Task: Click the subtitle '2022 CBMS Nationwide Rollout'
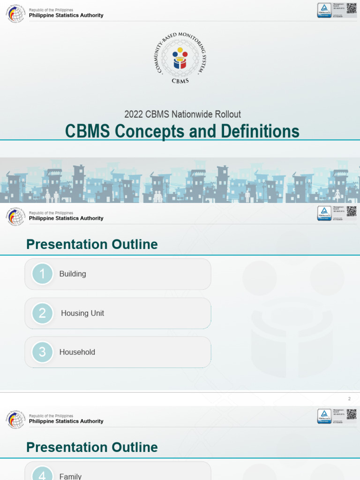click(182, 114)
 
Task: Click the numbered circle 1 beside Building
click(42, 274)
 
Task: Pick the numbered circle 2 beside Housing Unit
click(42, 313)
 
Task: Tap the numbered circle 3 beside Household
click(42, 352)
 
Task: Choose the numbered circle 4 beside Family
click(42, 474)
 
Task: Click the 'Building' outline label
click(73, 274)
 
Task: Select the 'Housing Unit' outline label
click(82, 313)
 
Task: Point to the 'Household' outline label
click(77, 352)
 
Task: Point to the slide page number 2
click(349, 399)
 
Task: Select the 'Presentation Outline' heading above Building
click(92, 244)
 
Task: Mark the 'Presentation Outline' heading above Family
click(92, 447)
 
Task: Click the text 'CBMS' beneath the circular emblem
click(180, 81)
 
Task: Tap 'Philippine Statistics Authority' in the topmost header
click(66, 15)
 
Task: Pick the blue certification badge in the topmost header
click(324, 10)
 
